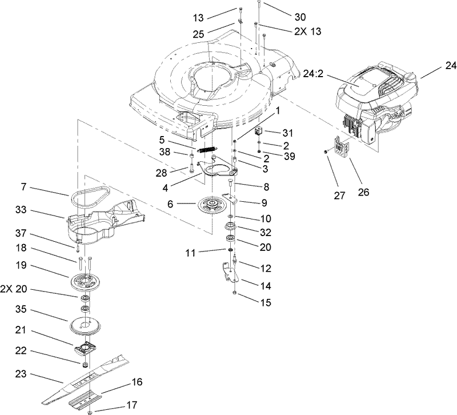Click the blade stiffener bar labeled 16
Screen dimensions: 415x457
pos(86,398)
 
